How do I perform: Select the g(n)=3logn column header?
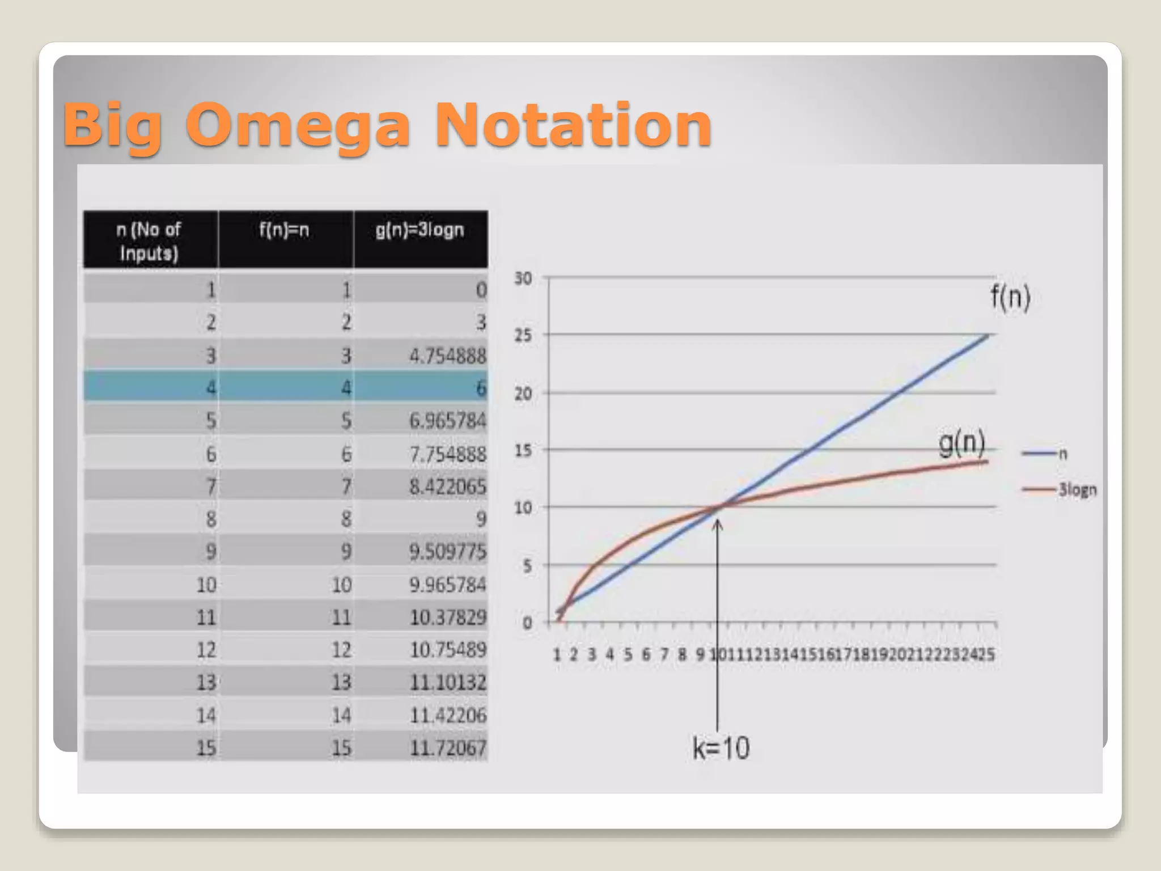pyautogui.click(x=420, y=230)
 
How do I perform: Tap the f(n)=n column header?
pyautogui.click(x=284, y=230)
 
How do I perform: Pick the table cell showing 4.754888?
pyautogui.click(x=447, y=356)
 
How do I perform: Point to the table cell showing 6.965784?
pyautogui.click(x=447, y=421)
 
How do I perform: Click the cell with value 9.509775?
pyautogui.click(x=447, y=551)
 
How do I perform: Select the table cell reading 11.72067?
pyautogui.click(x=447, y=747)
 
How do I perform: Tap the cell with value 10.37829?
pyautogui.click(x=447, y=617)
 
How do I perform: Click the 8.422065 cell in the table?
pyautogui.click(x=447, y=487)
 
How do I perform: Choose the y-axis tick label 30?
pyautogui.click(x=523, y=278)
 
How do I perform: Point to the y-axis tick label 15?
pyautogui.click(x=523, y=451)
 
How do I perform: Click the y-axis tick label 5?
pyautogui.click(x=527, y=565)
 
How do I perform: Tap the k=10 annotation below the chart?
pyautogui.click(x=721, y=748)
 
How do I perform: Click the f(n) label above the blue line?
pyautogui.click(x=1010, y=297)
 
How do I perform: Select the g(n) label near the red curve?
pyautogui.click(x=961, y=443)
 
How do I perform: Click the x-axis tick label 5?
pyautogui.click(x=628, y=655)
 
